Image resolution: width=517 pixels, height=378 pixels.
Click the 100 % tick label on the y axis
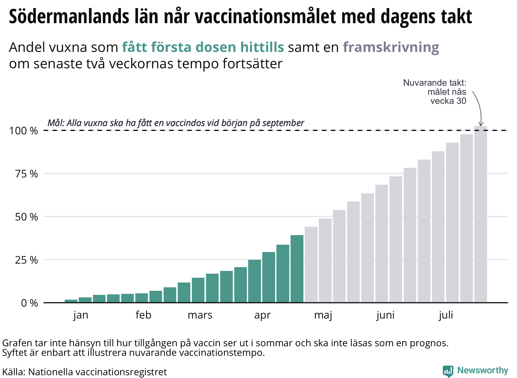pos(23,131)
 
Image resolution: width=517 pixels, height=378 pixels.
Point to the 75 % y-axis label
pos(27,174)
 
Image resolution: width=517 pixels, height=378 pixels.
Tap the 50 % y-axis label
pos(27,217)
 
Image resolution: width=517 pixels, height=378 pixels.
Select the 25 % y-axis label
pos(27,260)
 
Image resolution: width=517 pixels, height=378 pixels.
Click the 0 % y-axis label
pos(30,303)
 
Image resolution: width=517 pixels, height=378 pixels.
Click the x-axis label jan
pos(81,315)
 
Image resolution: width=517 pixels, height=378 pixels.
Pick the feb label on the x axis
pos(143,315)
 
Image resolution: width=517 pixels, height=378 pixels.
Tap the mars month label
pos(200,315)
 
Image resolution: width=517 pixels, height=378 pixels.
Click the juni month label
pos(385,315)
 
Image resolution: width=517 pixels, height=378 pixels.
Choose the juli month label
pos(446,315)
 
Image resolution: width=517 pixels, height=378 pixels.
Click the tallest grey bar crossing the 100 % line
pos(480,214)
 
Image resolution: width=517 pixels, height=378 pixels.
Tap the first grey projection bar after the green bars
pos(311,265)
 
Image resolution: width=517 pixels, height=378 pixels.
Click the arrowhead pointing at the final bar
pos(481,124)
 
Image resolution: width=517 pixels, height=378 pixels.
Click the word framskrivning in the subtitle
pos(391,47)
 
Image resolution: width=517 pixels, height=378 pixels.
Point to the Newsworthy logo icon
pos(448,371)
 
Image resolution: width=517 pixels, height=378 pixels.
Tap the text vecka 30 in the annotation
pos(448,101)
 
